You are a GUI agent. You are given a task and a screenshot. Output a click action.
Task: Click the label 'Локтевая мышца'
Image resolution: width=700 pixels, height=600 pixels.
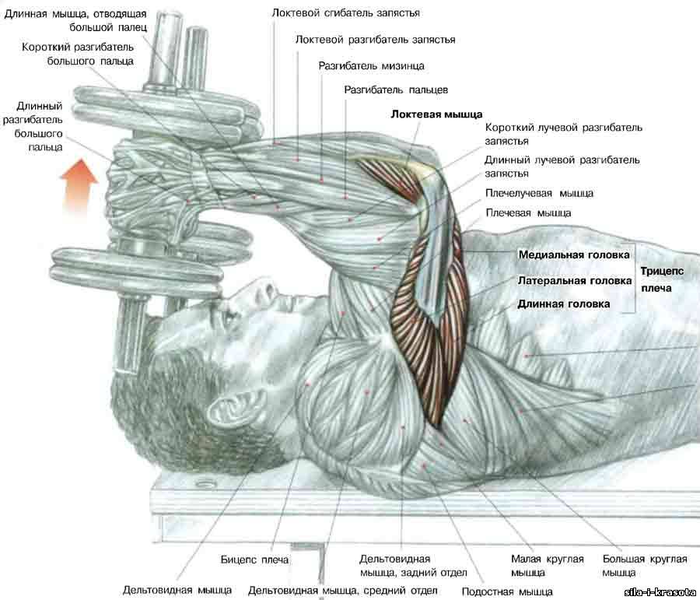point(436,114)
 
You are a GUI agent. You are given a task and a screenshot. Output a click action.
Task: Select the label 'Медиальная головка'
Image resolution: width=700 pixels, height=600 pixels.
point(574,255)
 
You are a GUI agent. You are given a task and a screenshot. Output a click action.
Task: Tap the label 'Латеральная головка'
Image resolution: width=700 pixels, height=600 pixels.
point(575,281)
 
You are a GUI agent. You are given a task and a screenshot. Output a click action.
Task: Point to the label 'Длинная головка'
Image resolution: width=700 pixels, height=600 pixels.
point(563,304)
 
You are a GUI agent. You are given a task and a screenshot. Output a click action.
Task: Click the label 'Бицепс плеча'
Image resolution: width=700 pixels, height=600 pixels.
point(254,560)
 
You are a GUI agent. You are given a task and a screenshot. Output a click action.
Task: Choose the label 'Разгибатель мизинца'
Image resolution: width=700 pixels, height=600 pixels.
point(372,66)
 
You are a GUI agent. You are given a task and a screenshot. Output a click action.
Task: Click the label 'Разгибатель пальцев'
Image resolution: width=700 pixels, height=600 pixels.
point(396,89)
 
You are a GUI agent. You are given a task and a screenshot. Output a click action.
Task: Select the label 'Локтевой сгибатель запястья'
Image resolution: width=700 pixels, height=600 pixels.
point(346,13)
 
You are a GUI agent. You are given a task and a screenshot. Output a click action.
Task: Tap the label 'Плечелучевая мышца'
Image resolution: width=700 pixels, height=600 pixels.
point(539,194)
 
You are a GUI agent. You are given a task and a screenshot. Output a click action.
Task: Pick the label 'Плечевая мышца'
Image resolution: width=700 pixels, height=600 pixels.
point(528,213)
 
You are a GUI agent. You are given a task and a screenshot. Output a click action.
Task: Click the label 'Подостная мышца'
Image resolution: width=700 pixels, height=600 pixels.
point(507,592)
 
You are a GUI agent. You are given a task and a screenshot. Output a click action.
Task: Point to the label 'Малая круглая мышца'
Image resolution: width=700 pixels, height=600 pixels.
point(548,566)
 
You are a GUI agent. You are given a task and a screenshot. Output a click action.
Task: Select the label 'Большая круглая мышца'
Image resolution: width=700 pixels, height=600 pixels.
point(645,566)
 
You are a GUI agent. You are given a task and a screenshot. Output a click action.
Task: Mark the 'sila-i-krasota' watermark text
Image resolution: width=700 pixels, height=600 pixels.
point(661,593)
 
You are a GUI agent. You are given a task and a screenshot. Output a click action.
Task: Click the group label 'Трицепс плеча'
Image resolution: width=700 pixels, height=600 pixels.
point(662,279)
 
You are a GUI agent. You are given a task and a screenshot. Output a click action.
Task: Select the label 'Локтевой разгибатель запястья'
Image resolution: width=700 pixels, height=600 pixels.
point(375,40)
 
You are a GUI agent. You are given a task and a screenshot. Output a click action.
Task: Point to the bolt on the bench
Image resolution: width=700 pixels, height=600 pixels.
point(206,483)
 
